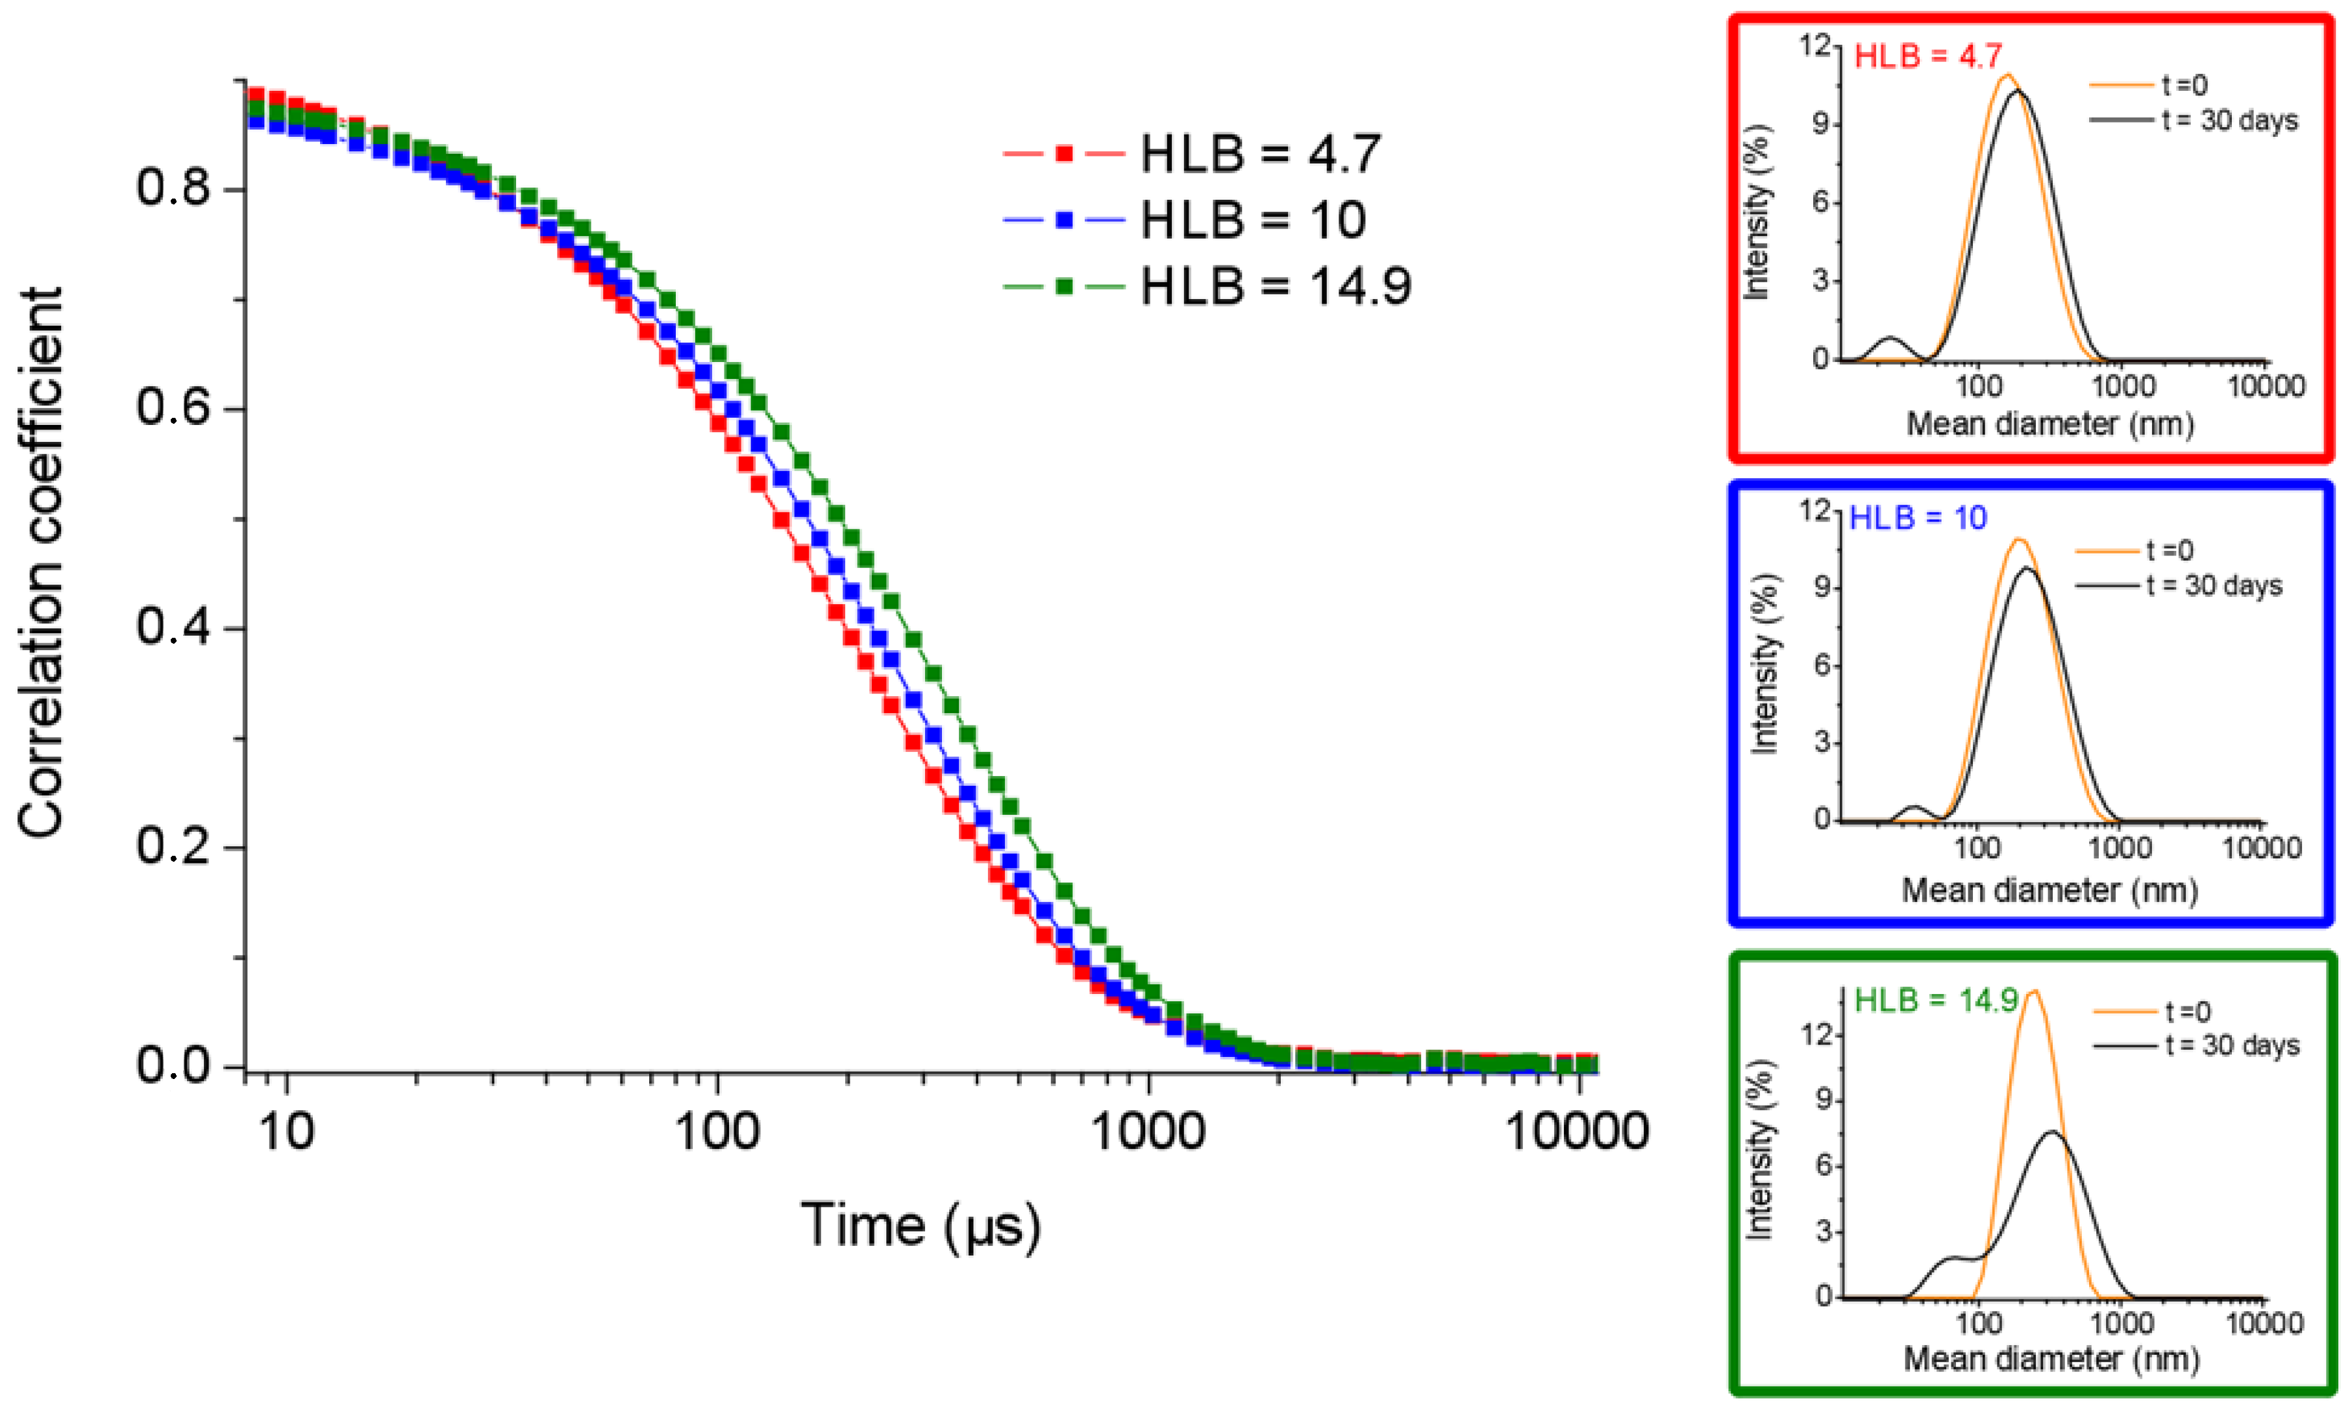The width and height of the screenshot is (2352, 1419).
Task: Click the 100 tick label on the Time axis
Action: [x=717, y=1133]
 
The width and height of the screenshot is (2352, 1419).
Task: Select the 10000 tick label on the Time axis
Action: [x=1577, y=1133]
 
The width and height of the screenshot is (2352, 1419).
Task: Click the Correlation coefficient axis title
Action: [x=40, y=563]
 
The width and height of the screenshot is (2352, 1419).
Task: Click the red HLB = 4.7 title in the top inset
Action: [x=1927, y=56]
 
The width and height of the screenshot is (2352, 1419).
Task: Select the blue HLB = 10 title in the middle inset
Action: [x=1918, y=518]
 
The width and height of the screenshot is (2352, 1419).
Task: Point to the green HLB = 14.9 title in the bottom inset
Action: [x=1936, y=1000]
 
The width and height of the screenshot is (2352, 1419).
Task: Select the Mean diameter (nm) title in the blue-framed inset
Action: [x=2049, y=890]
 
